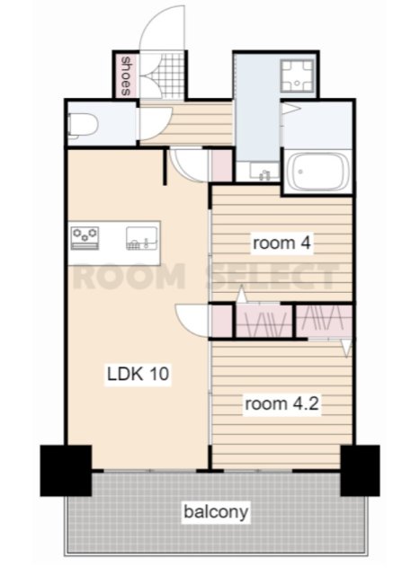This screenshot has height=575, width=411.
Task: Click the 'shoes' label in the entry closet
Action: pos(126,75)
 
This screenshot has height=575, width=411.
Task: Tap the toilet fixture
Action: pos(83,126)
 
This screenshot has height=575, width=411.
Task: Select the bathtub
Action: pos(317,172)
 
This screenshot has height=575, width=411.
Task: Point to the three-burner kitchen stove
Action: pos(85,238)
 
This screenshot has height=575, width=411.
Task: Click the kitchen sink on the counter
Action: pos(142,238)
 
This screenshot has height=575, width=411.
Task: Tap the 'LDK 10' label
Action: pos(138,374)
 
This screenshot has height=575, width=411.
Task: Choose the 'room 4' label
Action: pos(281,243)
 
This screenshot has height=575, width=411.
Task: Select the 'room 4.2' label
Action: pos(281,403)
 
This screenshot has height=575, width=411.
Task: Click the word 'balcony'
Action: pos(216,511)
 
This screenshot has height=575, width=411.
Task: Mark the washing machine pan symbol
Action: pos(298,75)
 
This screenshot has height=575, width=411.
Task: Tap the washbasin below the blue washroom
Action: pos(264,172)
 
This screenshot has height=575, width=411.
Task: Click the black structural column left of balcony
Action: pos(66,471)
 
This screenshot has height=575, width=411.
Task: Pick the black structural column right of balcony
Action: pos(360,471)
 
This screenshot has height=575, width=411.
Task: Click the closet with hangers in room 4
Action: pos(264,321)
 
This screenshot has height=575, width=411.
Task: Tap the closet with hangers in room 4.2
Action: pos(324,321)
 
